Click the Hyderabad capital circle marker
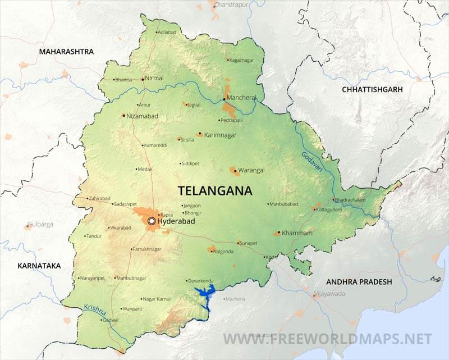coord(151,222)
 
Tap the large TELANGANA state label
coord(214,190)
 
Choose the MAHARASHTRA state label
coord(66,52)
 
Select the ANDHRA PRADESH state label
coord(360,282)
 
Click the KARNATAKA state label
coord(39,266)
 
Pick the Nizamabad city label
coord(143,116)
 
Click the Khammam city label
coord(297,233)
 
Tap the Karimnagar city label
coord(220,135)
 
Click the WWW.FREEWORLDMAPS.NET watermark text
coord(328,339)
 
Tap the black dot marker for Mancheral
coord(224,98)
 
